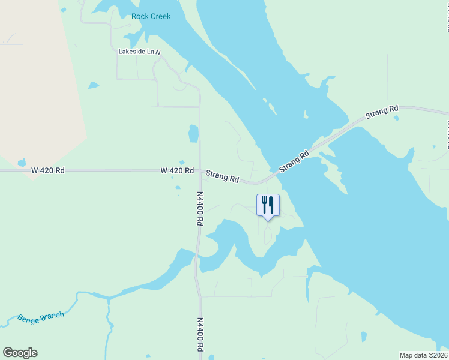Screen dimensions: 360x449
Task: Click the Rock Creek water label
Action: [151, 16]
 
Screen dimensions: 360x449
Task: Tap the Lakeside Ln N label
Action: [140, 52]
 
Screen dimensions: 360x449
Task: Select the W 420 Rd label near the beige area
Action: [48, 170]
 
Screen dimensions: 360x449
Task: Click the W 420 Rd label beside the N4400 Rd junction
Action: [177, 170]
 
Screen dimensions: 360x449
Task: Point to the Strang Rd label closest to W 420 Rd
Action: [222, 177]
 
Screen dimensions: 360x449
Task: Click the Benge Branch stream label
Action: [40, 319]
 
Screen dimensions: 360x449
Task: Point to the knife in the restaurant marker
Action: [271, 204]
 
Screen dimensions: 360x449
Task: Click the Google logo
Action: [20, 353]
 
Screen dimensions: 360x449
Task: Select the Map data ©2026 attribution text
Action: [424, 355]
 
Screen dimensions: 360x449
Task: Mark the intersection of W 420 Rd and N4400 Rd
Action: [199, 170]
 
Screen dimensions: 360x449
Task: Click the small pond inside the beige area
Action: [22, 163]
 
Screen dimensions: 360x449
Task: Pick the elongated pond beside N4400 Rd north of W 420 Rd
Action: [193, 134]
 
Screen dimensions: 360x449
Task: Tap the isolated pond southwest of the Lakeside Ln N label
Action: [93, 86]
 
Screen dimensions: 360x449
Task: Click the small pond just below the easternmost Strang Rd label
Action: [396, 118]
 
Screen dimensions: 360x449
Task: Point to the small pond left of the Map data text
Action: [363, 337]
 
